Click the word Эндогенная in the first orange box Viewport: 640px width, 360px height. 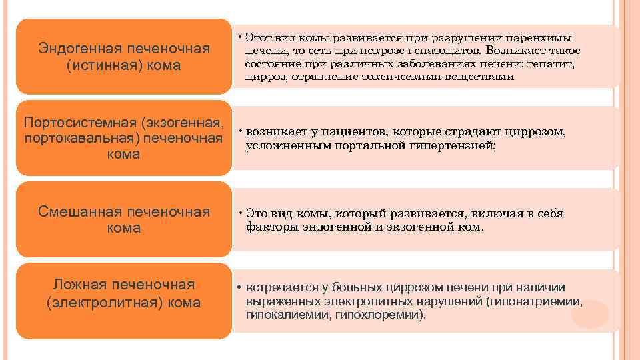click(x=75, y=49)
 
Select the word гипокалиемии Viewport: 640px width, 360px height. click(x=279, y=314)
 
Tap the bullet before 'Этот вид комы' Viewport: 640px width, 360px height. click(x=239, y=37)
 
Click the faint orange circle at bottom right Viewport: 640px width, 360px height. click(x=589, y=314)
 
